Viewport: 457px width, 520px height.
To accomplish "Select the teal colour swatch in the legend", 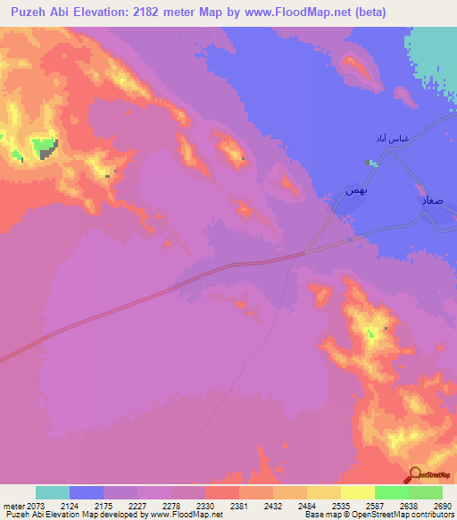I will pyautogui.click(x=53, y=492).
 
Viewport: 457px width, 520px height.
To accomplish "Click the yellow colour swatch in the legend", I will pyautogui.click(x=356, y=492).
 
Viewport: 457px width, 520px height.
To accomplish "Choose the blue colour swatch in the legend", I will pyautogui.click(x=87, y=492).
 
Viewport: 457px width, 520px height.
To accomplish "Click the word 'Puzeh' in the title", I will pyautogui.click(x=28, y=13).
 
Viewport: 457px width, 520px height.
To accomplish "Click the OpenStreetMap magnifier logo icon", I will pyautogui.click(x=417, y=474).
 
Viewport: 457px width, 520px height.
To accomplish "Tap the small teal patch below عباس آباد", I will pyautogui.click(x=370, y=163).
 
